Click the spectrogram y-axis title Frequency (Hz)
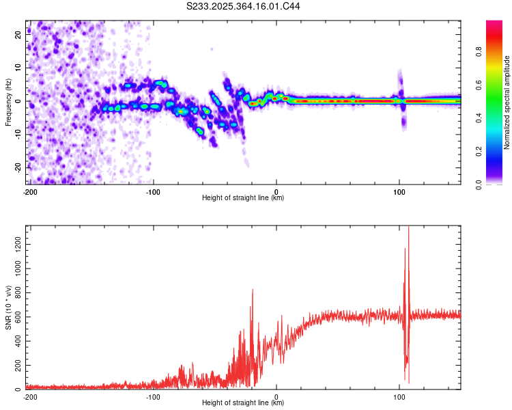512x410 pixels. (9, 102)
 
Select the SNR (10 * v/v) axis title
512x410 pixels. (9, 307)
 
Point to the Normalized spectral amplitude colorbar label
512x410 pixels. (507, 102)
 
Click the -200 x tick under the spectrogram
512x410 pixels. (29, 192)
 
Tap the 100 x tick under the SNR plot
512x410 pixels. (400, 396)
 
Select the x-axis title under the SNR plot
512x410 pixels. (243, 403)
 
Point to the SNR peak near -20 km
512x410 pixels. (253, 290)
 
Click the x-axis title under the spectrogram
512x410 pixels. (243, 198)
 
